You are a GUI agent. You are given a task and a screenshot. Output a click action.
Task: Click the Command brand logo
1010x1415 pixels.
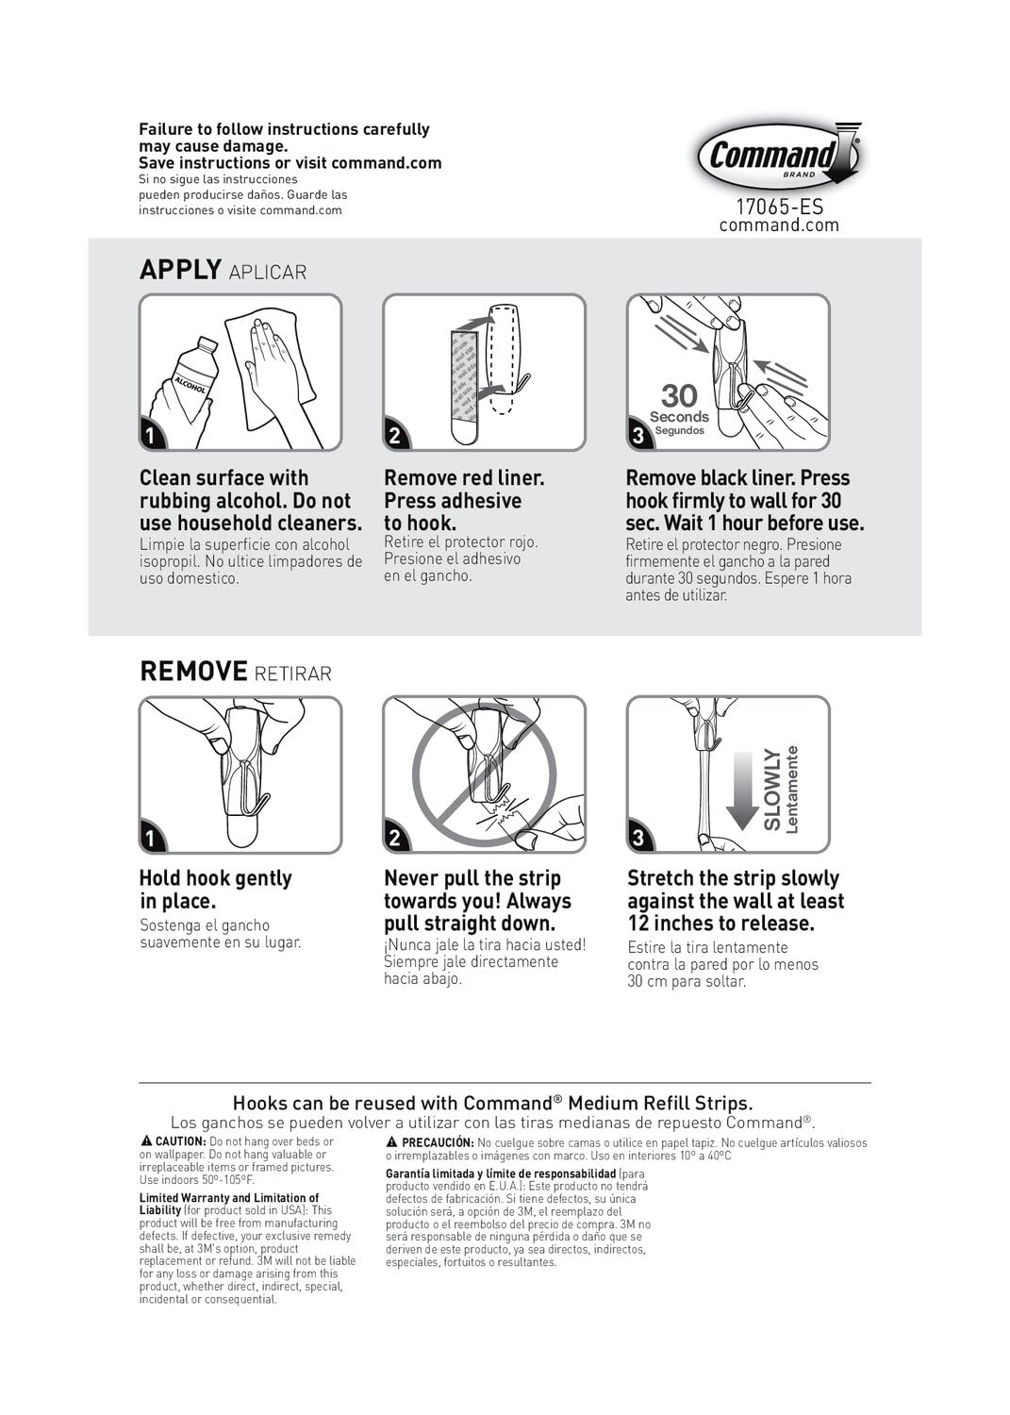(x=778, y=156)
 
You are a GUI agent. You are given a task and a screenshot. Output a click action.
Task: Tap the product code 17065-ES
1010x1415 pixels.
(x=779, y=206)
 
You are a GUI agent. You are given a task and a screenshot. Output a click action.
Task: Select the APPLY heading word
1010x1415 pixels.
(x=180, y=270)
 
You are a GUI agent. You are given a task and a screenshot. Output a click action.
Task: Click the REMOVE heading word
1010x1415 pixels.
(x=193, y=672)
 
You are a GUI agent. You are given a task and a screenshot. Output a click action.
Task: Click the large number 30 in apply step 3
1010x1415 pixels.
(x=679, y=395)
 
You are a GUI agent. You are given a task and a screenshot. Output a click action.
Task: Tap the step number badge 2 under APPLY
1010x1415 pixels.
(x=395, y=435)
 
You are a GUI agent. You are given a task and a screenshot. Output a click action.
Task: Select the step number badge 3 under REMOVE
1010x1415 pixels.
(x=639, y=838)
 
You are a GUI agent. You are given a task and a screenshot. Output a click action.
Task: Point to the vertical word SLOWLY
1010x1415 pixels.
(x=772, y=790)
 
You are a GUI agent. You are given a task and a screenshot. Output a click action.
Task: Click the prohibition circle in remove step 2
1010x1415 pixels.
(x=484, y=775)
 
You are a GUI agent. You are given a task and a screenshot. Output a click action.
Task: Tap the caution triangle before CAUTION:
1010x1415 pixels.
(x=146, y=1141)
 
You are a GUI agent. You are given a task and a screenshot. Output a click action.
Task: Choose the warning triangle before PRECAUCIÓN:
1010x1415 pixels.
(x=392, y=1142)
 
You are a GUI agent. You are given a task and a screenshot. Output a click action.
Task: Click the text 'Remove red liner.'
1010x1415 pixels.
(x=464, y=478)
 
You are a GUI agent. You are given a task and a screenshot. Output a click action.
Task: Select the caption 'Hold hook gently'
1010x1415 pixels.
(x=215, y=878)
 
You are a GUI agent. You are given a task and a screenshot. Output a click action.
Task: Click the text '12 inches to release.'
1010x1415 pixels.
(x=720, y=924)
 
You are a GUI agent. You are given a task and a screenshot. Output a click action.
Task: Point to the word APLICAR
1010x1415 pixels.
(x=268, y=273)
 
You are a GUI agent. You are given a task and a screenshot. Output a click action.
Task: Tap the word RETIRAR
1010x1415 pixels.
(x=292, y=674)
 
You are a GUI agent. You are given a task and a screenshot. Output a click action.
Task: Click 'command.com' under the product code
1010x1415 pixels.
(x=779, y=225)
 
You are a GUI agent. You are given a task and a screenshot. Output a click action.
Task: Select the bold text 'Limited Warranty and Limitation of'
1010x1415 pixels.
(x=229, y=1198)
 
